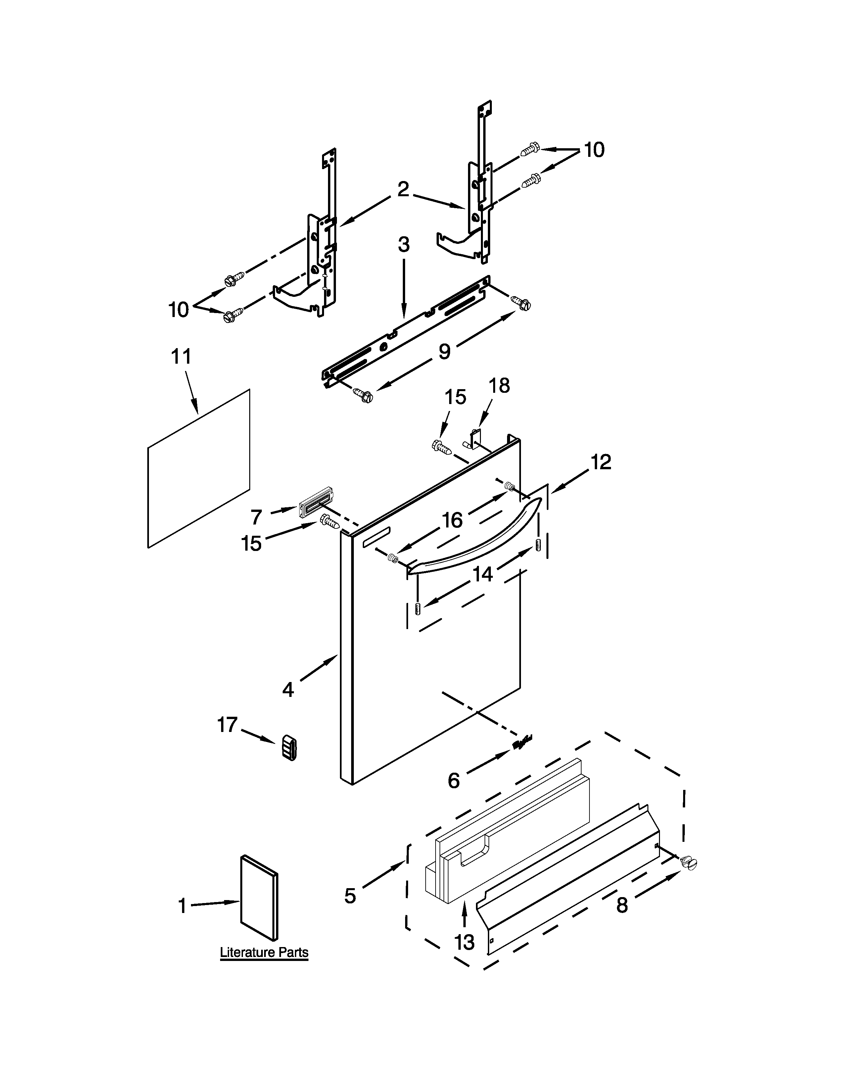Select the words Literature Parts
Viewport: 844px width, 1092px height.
pos(264,952)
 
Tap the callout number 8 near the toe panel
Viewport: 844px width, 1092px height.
pos(622,905)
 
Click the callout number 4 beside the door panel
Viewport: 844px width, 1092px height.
pos(288,690)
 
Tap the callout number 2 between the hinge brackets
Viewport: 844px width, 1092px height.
pos(403,190)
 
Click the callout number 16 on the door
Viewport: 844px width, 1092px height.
pos(452,521)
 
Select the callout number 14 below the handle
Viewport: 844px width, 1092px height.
pos(483,574)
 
